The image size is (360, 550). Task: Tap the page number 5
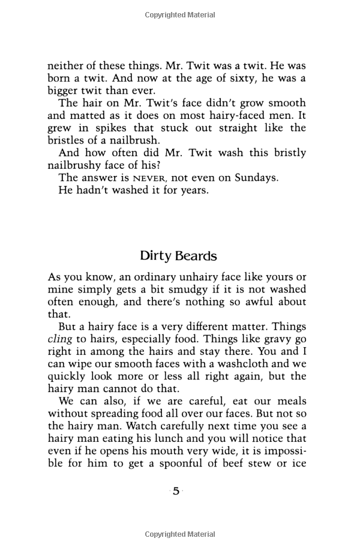[176, 491]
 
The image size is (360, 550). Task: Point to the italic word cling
[60, 339]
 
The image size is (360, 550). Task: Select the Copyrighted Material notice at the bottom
[180, 534]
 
